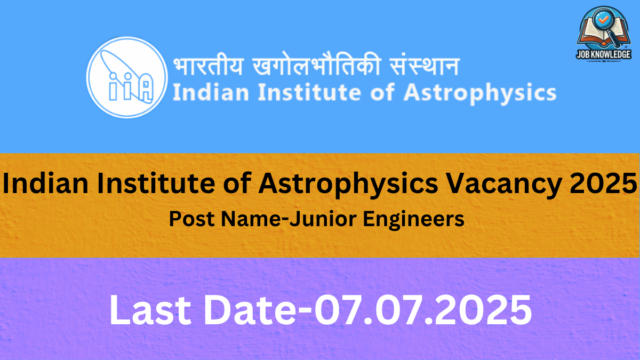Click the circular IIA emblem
coord(127,77)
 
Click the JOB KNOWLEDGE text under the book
coord(603,54)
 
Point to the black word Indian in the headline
coord(45,183)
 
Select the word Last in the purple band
coord(150,310)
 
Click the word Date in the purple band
coord(250,310)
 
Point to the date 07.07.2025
coord(423,310)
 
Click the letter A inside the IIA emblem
coord(146,87)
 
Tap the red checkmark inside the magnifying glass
coord(603,19)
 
